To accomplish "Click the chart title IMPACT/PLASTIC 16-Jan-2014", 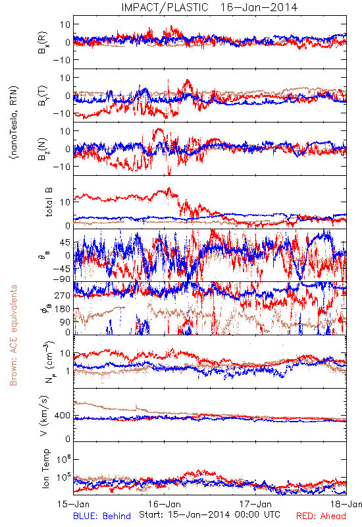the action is [x=209, y=7].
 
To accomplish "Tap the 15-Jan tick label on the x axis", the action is [x=73, y=504].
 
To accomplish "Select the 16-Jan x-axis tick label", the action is [x=165, y=504].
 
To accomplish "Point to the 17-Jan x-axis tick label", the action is [x=255, y=504].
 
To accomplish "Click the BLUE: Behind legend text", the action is [x=102, y=516].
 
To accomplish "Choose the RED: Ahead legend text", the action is [x=321, y=516].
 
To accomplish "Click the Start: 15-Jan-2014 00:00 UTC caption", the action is [x=209, y=514].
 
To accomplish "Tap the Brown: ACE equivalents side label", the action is [x=13, y=335].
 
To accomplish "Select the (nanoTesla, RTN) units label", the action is [x=14, y=123].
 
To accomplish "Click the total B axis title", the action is [x=49, y=202].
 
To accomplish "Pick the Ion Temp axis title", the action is [x=46, y=468].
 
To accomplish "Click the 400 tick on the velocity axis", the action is [x=63, y=416].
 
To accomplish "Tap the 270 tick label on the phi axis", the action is [x=63, y=295].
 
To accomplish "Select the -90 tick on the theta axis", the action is [x=62, y=279].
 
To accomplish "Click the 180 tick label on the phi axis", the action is [x=63, y=308].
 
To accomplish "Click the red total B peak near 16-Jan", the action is [x=169, y=188].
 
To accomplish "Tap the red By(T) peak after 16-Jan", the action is [x=188, y=80].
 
